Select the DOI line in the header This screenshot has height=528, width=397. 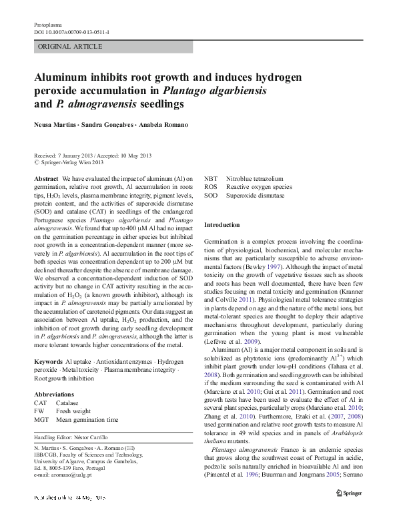(x=73, y=32)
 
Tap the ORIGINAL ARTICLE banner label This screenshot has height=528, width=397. (x=70, y=47)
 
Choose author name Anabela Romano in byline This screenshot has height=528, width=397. (x=164, y=125)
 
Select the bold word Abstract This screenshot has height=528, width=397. (x=46, y=180)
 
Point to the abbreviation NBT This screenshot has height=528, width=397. (x=211, y=180)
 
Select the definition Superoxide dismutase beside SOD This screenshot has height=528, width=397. (x=255, y=196)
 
